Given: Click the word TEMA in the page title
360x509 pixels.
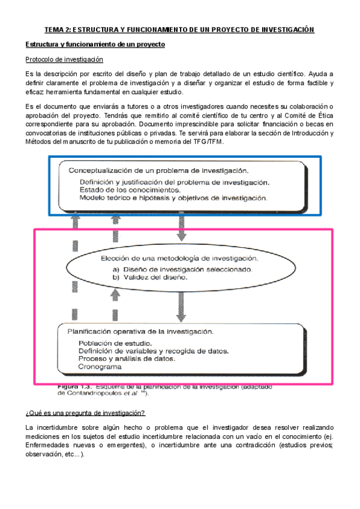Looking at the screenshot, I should pyautogui.click(x=56, y=29).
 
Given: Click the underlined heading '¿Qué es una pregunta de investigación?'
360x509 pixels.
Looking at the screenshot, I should pyautogui.click(x=85, y=413).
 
